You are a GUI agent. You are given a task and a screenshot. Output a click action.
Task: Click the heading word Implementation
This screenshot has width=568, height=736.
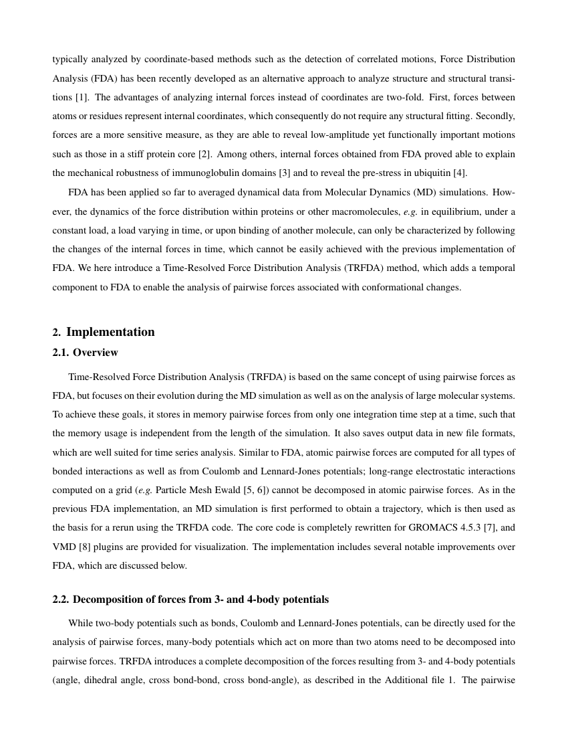click(x=110, y=333)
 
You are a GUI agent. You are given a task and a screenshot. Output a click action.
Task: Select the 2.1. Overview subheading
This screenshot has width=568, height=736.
click(x=86, y=353)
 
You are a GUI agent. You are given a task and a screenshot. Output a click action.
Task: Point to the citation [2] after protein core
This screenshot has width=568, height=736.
click(x=205, y=154)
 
